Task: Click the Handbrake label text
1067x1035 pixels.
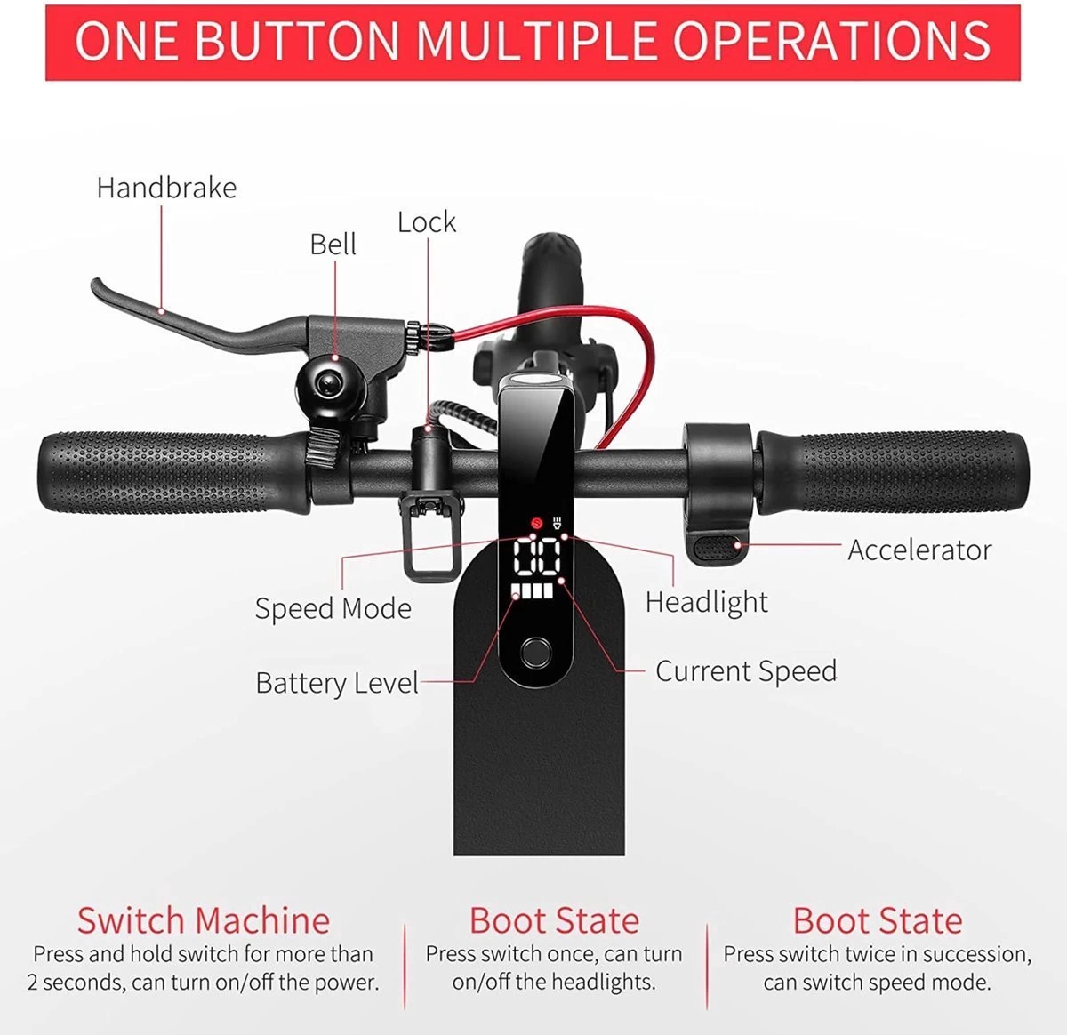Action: tap(166, 188)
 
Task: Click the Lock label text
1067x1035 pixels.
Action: tap(427, 221)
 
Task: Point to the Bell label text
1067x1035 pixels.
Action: tap(333, 244)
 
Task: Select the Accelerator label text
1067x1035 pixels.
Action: tap(919, 550)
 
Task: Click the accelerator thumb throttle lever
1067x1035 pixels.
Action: tap(717, 547)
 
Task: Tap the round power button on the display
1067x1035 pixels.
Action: tap(534, 652)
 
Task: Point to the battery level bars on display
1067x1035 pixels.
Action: tap(530, 592)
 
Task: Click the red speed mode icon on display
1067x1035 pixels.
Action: tap(535, 523)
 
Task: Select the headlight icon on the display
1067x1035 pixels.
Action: tap(557, 523)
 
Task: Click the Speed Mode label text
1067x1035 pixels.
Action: tap(333, 609)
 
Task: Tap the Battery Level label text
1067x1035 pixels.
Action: tap(336, 683)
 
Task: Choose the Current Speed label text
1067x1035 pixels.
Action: tap(746, 671)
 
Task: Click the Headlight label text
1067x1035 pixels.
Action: tap(706, 602)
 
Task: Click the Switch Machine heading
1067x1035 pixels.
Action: tap(203, 920)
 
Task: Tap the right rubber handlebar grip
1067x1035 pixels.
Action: tap(898, 469)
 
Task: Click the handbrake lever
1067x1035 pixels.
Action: tap(178, 316)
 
